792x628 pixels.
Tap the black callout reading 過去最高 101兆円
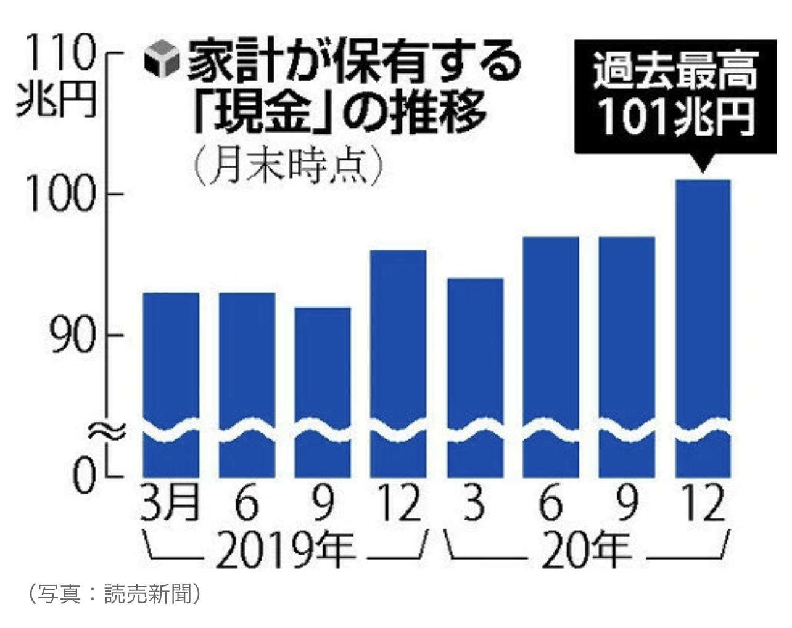675,96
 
